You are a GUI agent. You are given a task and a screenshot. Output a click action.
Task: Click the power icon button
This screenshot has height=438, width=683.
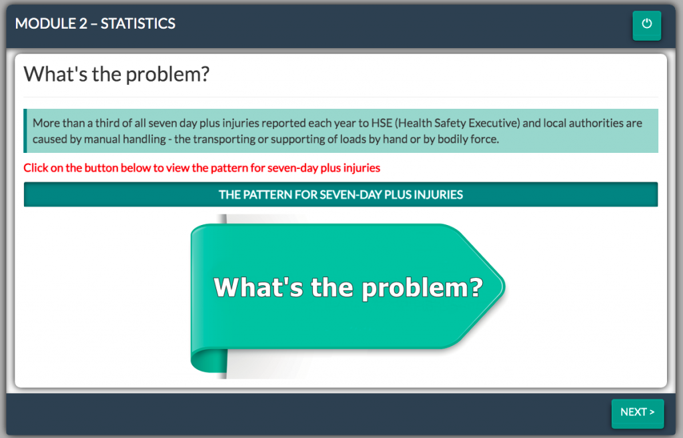(x=646, y=25)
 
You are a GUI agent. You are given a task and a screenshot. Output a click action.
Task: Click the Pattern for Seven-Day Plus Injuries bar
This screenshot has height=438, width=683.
(x=341, y=194)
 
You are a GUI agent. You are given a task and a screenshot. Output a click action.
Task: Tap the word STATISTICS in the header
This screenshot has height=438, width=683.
(x=138, y=23)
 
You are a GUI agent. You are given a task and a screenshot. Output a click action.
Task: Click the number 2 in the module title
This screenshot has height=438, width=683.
(x=83, y=23)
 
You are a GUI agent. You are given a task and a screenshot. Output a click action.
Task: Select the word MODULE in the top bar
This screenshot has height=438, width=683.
(x=45, y=23)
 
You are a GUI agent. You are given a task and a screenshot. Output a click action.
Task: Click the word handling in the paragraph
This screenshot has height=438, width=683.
(x=144, y=139)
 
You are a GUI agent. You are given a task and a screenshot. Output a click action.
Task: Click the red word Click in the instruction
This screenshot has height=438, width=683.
(x=36, y=168)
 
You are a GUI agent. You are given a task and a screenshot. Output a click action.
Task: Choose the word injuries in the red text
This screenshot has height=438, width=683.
(x=362, y=168)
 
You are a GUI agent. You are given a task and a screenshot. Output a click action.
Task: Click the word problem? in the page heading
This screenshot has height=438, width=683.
(x=167, y=75)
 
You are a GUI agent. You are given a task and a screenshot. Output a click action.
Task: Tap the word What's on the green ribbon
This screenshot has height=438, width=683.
(x=258, y=287)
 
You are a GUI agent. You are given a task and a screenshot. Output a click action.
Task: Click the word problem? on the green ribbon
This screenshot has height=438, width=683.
(x=422, y=288)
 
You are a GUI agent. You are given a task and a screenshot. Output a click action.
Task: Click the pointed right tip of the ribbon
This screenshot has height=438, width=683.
(x=504, y=287)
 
